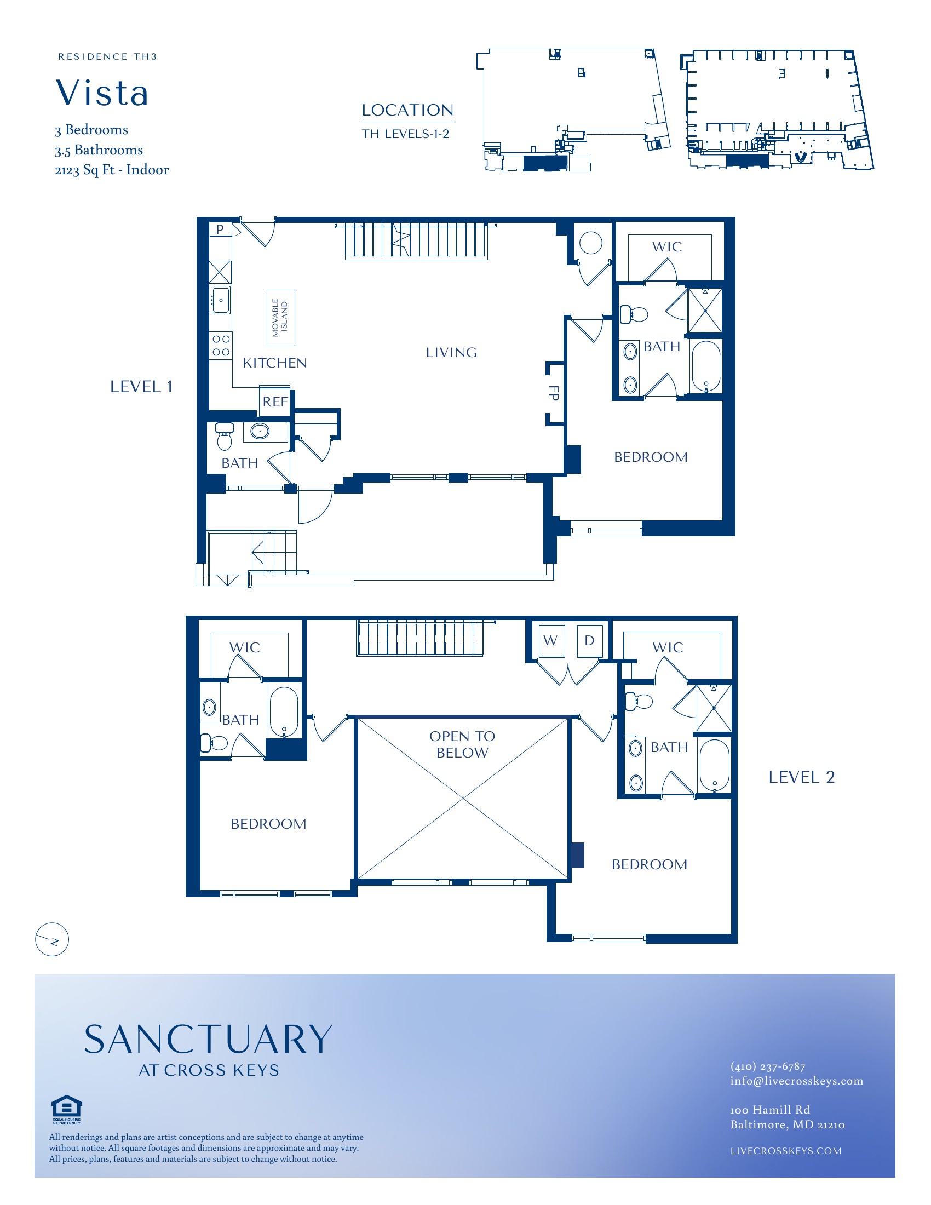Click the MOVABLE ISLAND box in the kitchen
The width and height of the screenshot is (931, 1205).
click(x=280, y=318)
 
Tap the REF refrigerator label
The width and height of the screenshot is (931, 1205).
click(x=275, y=401)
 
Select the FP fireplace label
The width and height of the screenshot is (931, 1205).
click(x=554, y=392)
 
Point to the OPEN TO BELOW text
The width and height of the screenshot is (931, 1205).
click(x=462, y=744)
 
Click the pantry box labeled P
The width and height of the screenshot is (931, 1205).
click(x=220, y=229)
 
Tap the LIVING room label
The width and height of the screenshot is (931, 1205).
click(x=451, y=353)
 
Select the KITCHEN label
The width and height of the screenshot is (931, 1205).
click(x=275, y=363)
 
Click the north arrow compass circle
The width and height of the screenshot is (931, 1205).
click(x=52, y=939)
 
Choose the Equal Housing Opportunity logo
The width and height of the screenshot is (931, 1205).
click(x=67, y=1109)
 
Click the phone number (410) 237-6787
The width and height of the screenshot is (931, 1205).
click(x=768, y=1066)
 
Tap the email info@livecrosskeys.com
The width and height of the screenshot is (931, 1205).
click(x=796, y=1081)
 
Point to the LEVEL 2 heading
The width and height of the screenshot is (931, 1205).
click(x=801, y=777)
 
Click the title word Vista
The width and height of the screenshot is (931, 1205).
click(x=102, y=93)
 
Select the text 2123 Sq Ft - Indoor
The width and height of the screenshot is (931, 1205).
click(x=112, y=170)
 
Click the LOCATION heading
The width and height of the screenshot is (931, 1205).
click(x=407, y=110)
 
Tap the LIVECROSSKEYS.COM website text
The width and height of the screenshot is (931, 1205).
click(x=786, y=1151)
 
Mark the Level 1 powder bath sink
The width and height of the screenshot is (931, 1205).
click(x=260, y=431)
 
